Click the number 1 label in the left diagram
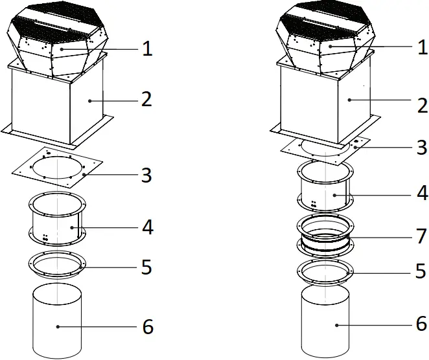[x=147, y=49]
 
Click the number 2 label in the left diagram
[x=147, y=100]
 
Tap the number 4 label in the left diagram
[x=147, y=227]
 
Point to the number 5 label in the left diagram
[x=147, y=267]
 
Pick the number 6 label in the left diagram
[x=147, y=327]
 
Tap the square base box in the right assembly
[x=324, y=100]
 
